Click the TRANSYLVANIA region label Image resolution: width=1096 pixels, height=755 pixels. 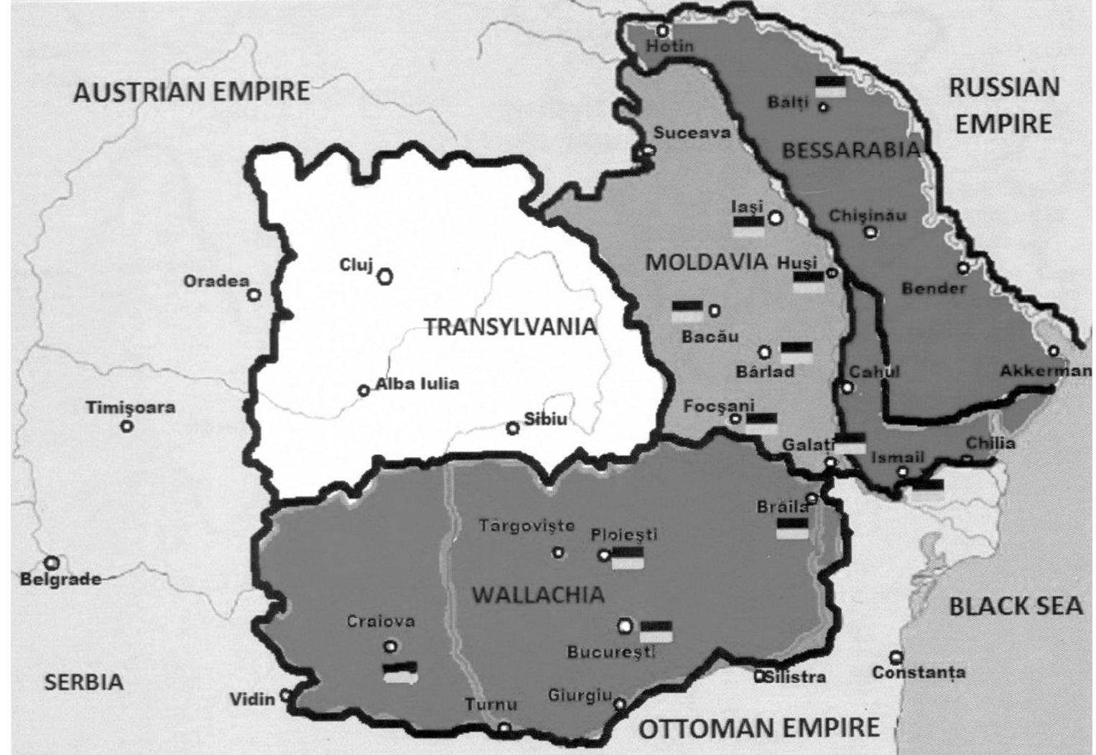point(510,327)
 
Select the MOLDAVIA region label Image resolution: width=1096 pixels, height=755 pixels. point(707,261)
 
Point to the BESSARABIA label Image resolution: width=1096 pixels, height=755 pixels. point(850,150)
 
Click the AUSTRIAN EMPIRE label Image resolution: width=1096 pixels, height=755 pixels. point(192,93)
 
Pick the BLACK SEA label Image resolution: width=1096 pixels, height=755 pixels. point(1016,606)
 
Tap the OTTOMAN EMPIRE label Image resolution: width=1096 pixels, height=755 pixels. point(759,728)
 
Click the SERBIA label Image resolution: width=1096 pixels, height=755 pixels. point(84,682)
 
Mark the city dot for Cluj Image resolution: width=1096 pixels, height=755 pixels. point(386,275)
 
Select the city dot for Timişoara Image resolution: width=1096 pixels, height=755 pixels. point(127,426)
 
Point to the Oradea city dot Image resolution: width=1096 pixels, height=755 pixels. point(254,295)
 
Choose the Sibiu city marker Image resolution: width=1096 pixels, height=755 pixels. point(513,428)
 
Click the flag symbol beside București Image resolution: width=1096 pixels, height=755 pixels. point(656,631)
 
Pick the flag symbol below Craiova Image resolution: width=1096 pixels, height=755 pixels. point(400,672)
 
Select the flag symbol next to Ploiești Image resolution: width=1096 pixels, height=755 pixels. point(627,557)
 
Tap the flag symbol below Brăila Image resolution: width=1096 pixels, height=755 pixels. point(792,528)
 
